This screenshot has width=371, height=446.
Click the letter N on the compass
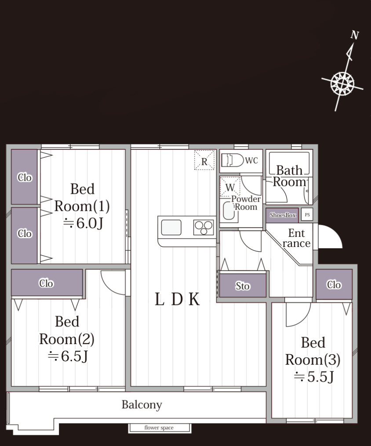tap(354, 35)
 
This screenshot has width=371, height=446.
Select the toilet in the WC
tap(233, 160)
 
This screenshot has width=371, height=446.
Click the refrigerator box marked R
tap(204, 160)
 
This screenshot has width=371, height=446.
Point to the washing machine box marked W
tap(230, 187)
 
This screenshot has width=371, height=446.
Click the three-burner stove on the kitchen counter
tap(204, 227)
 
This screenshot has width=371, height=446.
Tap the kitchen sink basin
tap(171, 227)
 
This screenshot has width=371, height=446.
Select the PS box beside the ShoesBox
tap(307, 215)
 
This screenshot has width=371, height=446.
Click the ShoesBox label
tap(283, 215)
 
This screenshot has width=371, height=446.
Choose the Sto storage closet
tap(243, 286)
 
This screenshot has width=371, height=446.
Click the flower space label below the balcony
tap(159, 428)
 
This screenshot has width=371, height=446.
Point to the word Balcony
tap(142, 404)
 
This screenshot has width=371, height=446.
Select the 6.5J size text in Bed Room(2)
tap(68, 356)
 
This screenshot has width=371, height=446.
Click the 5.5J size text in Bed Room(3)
tap(313, 377)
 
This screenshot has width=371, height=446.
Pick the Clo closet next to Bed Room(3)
tap(334, 284)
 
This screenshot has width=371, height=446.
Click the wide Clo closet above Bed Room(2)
tap(47, 283)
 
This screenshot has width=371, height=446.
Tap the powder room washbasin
tap(229, 210)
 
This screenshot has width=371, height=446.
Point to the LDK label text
tap(177, 299)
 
